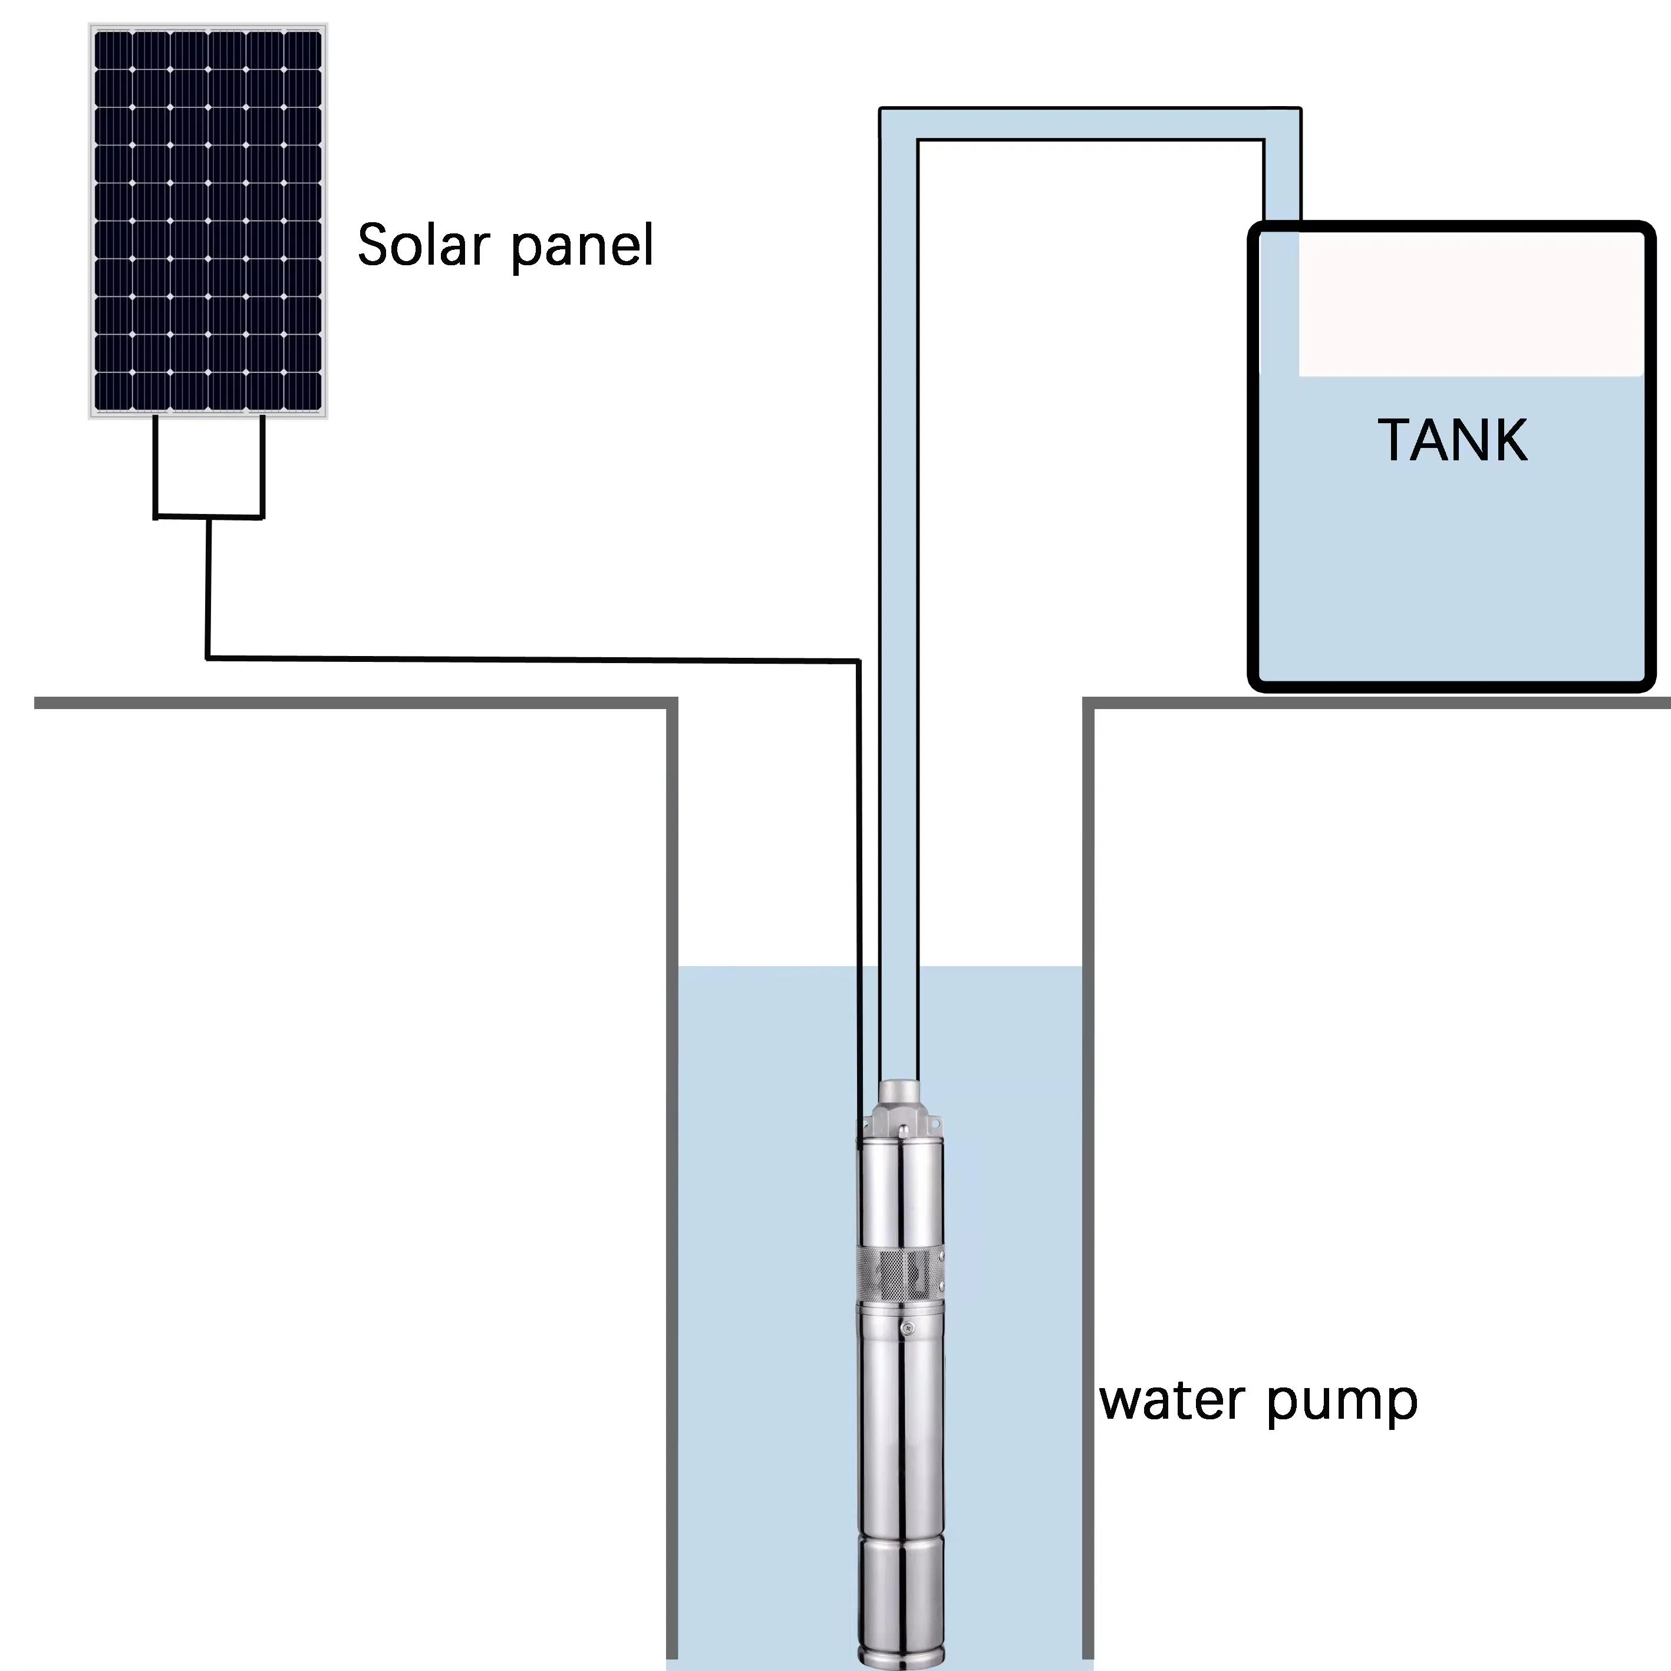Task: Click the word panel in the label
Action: coord(581,246)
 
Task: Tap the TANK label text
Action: coord(1452,440)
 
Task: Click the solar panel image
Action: coord(207,220)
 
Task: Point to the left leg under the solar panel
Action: coord(156,467)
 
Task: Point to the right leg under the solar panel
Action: coord(262,467)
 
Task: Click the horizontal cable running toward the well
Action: coord(532,659)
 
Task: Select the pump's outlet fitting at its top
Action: coord(899,1094)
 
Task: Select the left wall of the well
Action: coord(672,1125)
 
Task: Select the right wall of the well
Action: coord(1088,1125)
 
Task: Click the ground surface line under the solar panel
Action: coord(346,703)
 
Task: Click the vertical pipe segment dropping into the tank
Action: coord(1282,182)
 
